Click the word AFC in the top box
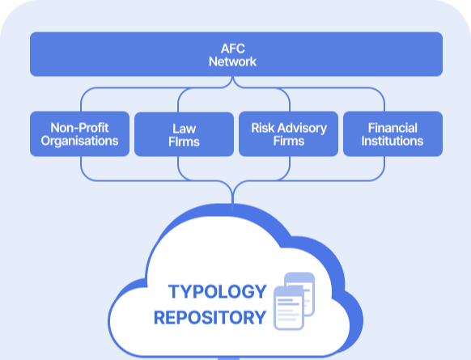coord(233,49)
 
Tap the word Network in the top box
coord(232,61)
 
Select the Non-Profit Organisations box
coord(79,134)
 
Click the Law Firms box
coord(184,134)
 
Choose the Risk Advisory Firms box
coord(288,134)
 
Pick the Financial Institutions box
coord(392,134)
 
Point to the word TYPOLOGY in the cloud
coord(217,291)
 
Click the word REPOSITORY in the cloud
coord(210,318)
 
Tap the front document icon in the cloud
coord(289,307)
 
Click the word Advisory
coord(302,128)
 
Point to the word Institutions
coord(392,141)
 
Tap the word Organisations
coord(79,141)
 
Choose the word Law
coord(185,129)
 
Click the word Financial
coord(392,128)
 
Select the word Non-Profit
coord(79,128)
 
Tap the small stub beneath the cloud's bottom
coord(228,358)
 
